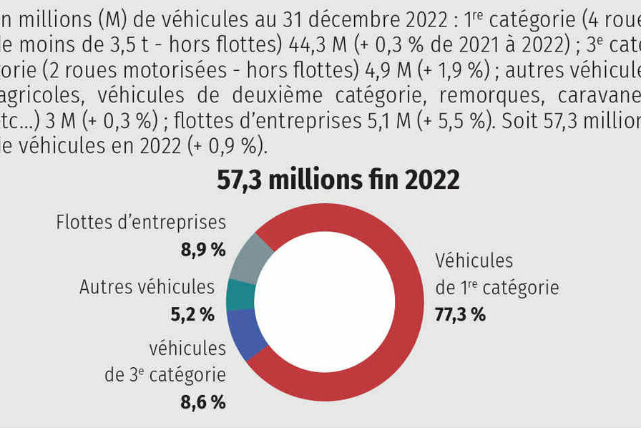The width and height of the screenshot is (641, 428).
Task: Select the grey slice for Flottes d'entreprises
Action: pyautogui.click(x=250, y=258)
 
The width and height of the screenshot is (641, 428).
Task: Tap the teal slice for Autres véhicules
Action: pyautogui.click(x=240, y=294)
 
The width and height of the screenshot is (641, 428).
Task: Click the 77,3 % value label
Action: pyautogui.click(x=460, y=314)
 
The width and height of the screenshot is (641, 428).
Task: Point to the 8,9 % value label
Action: pyautogui.click(x=203, y=249)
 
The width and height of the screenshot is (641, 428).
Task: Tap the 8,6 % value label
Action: pyautogui.click(x=203, y=402)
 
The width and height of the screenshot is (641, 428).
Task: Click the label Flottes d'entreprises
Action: pyautogui.click(x=141, y=223)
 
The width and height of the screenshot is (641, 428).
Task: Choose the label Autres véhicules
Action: pyautogui.click(x=147, y=287)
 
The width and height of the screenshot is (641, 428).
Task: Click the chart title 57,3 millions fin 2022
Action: pyautogui.click(x=338, y=180)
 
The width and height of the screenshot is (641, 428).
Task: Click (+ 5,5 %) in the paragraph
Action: pyautogui.click(x=455, y=121)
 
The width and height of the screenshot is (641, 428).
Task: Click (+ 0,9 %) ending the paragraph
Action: pyautogui.click(x=223, y=146)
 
